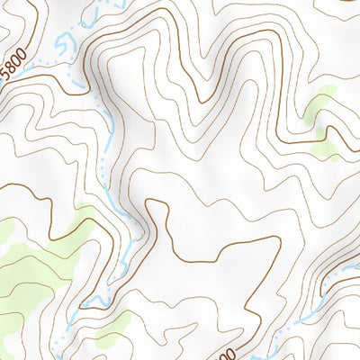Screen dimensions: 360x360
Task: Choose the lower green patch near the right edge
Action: coord(327,148)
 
